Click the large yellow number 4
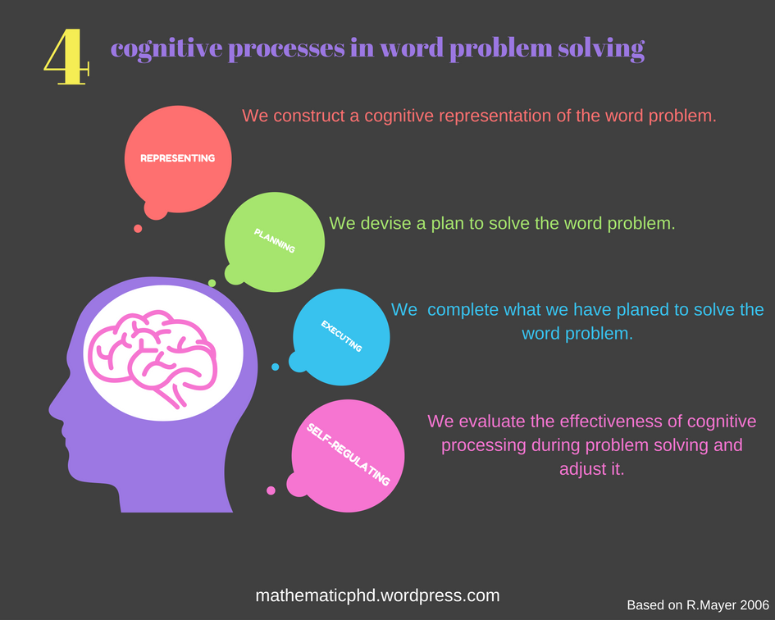pos(66,57)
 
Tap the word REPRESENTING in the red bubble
pos(177,158)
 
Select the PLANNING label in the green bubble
pos(274,240)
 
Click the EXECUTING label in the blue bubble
pos(341,336)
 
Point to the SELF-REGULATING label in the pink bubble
pos(348,454)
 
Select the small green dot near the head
pos(212,283)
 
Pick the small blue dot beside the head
pos(275,367)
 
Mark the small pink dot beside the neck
pos(271,490)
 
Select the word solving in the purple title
pos(603,49)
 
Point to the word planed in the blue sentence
pos(602,310)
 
